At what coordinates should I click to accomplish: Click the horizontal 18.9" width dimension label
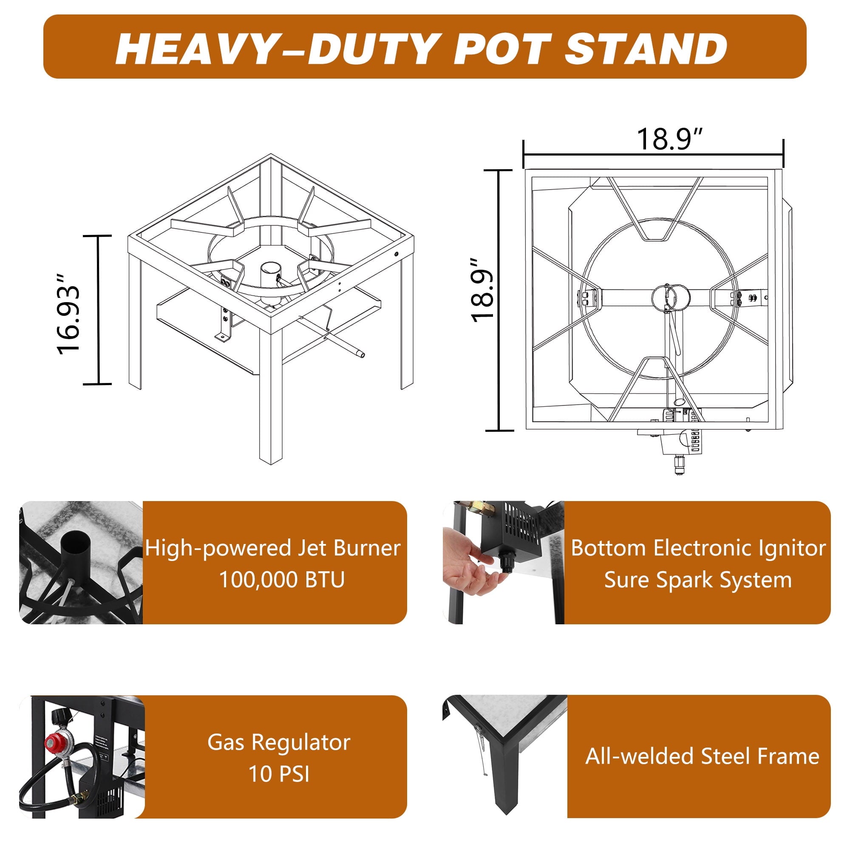point(669,139)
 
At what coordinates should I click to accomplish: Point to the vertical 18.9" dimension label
point(482,290)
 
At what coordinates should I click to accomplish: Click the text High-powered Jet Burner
point(273,548)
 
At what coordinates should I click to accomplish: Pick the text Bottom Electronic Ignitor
point(698,548)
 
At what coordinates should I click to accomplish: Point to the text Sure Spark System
point(698,580)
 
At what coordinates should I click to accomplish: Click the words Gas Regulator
point(279,742)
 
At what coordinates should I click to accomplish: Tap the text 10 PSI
point(279,774)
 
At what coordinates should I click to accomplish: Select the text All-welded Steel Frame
point(702,756)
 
